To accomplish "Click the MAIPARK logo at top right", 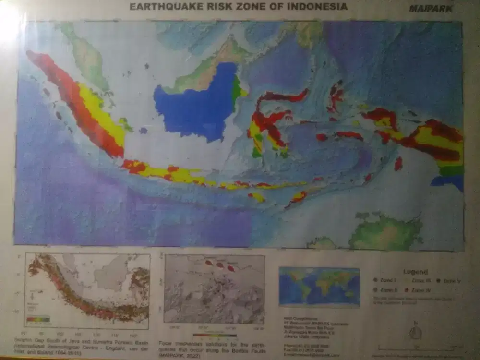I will point(431,8).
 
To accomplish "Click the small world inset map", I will point(319,286).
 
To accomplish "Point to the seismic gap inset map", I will point(87,291).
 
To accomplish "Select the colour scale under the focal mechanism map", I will point(215,336).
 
